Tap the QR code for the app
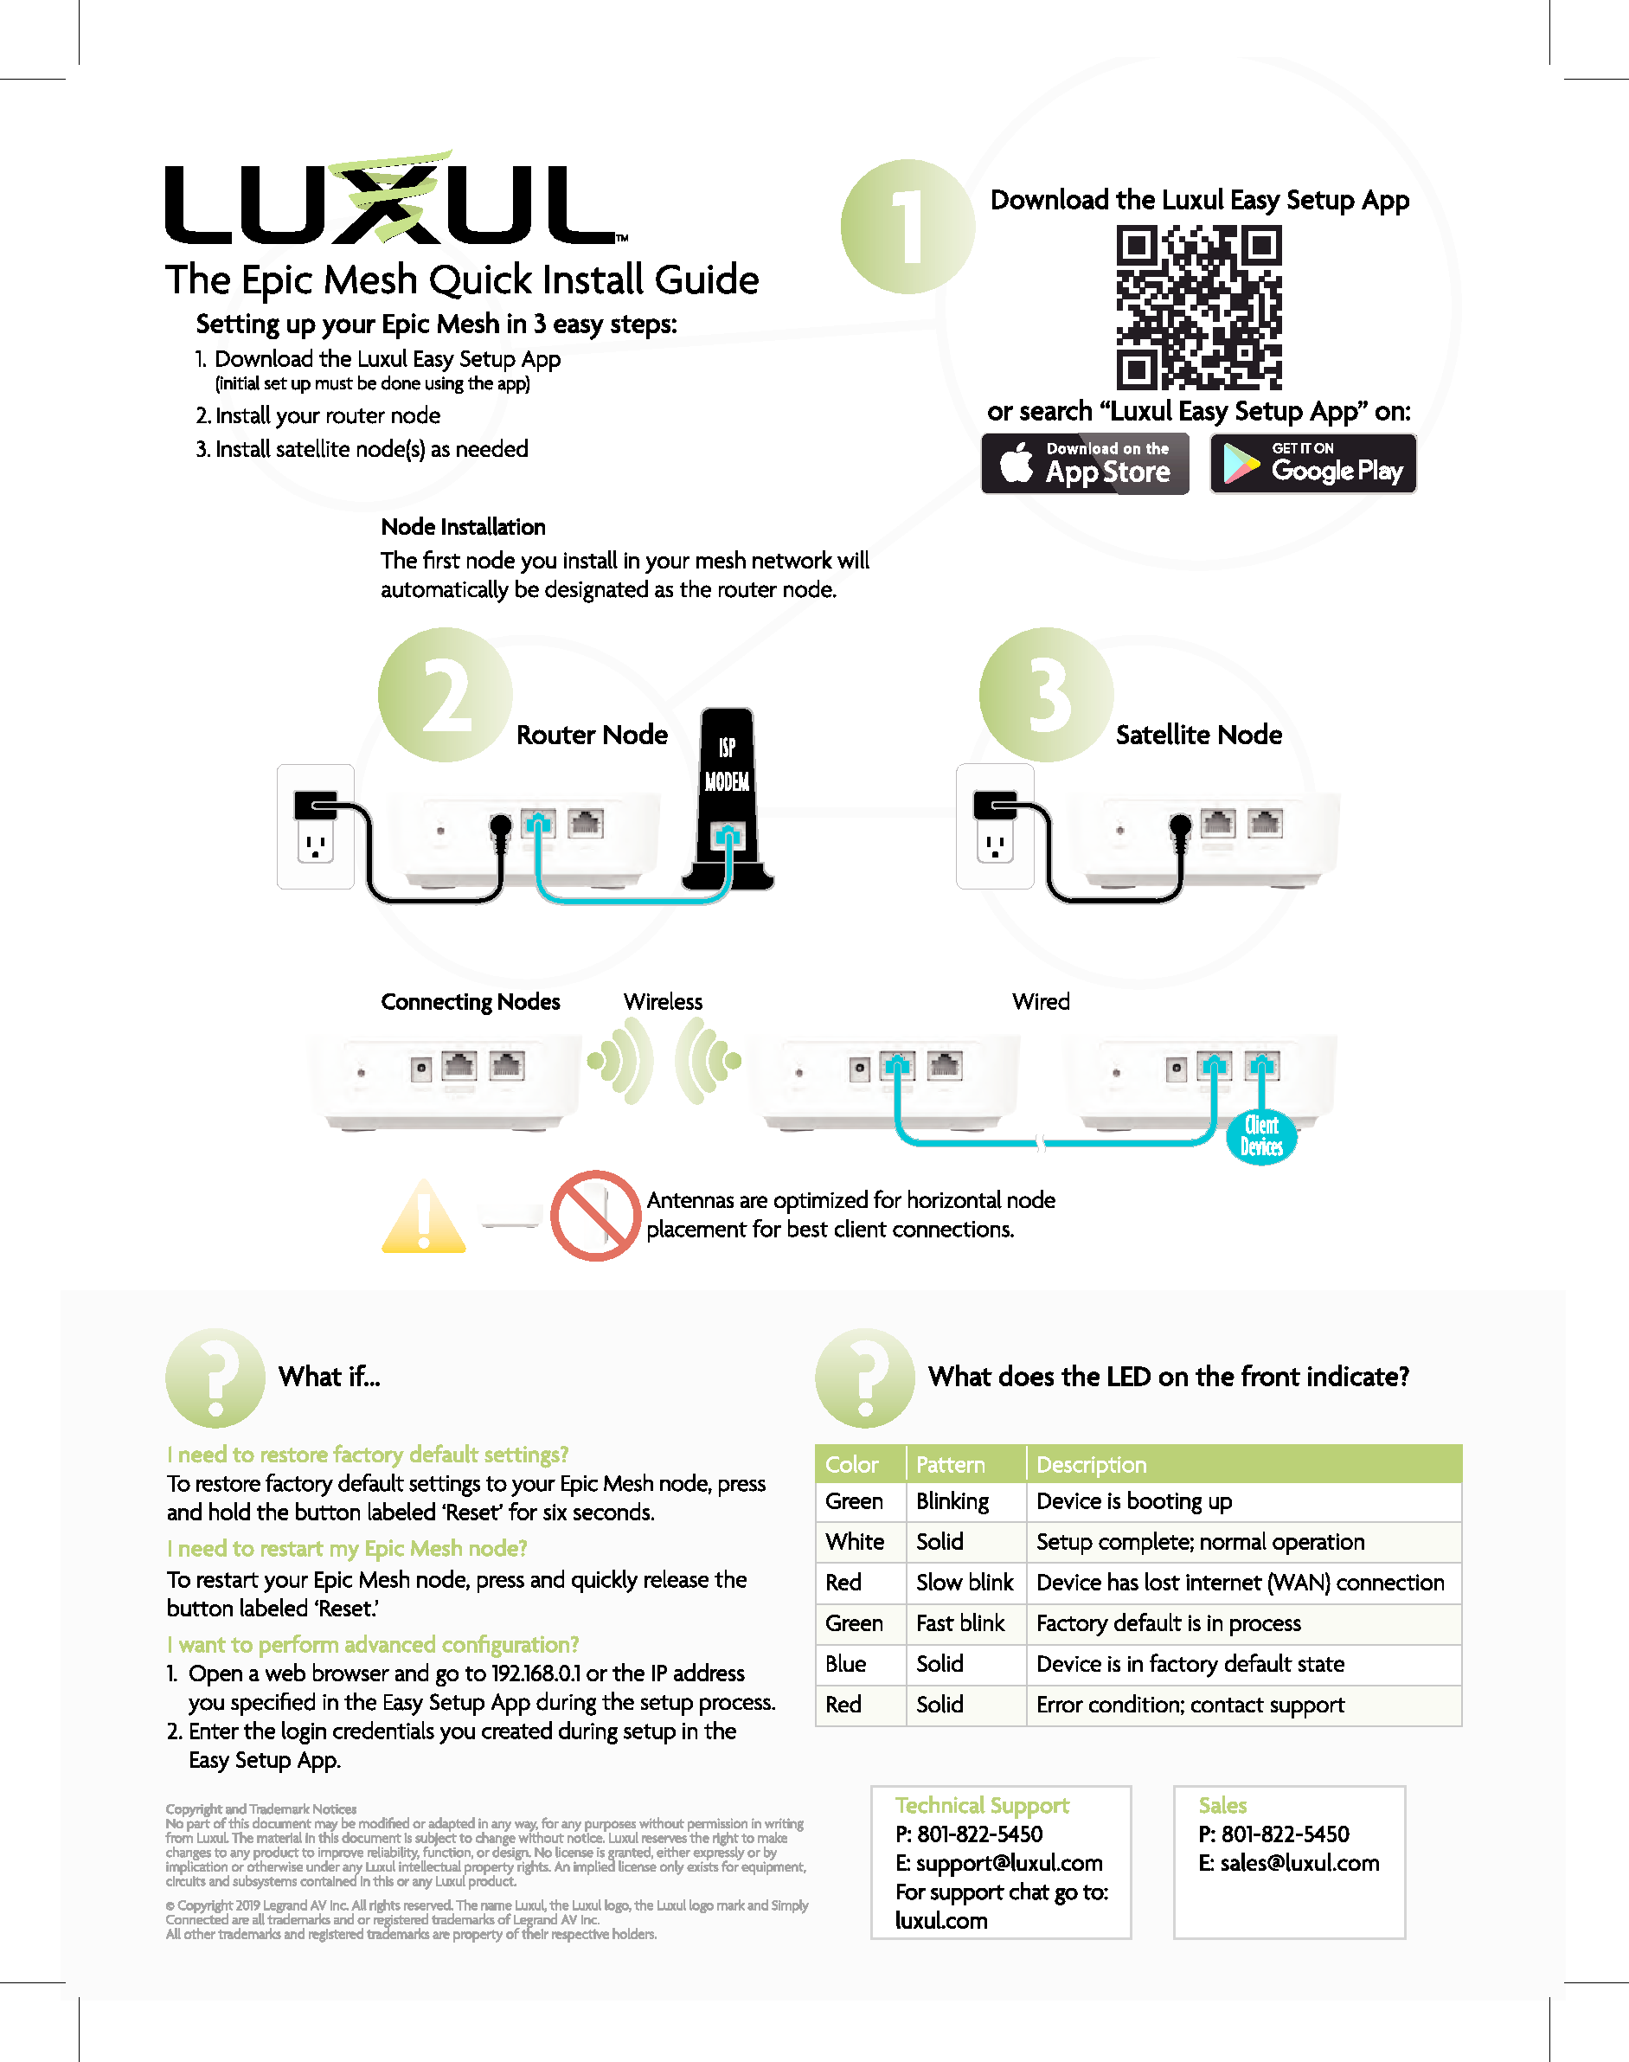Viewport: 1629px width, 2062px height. (x=1199, y=307)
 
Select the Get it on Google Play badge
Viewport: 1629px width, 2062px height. (x=1312, y=464)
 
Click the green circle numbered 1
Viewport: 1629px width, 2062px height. (x=907, y=227)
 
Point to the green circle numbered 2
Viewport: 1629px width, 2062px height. (x=445, y=694)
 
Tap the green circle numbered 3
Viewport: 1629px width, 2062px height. (x=1046, y=694)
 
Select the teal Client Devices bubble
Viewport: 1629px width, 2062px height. (x=1260, y=1136)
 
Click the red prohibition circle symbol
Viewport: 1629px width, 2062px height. (x=595, y=1215)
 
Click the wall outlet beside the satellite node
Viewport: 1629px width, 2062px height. (x=995, y=826)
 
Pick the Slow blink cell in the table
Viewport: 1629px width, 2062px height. (x=965, y=1583)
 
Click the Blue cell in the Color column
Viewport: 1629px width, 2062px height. (x=846, y=1663)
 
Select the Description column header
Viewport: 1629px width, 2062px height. (x=1091, y=1464)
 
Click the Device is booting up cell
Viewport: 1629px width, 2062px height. (x=1134, y=1501)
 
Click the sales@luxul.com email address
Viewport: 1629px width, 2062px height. (x=1299, y=1863)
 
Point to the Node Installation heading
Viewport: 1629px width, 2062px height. (x=463, y=526)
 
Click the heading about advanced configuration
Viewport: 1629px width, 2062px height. (x=373, y=1644)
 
